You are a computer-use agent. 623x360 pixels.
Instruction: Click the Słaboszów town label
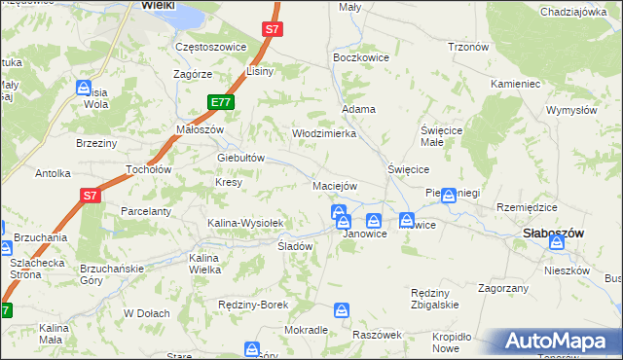553,234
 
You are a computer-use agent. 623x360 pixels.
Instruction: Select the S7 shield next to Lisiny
273,30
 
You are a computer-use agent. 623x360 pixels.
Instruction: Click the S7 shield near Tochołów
90,196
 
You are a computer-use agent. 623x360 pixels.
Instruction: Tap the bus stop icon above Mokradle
342,310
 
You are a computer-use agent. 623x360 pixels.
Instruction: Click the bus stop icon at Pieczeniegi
448,197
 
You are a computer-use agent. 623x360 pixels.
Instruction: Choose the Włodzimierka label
324,133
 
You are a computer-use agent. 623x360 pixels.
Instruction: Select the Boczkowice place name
361,58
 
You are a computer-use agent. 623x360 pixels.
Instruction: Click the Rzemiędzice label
527,207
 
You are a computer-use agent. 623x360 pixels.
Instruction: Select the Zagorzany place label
503,288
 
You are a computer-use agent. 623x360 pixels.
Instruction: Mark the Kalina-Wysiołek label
244,223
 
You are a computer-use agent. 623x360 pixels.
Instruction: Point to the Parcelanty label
146,211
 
